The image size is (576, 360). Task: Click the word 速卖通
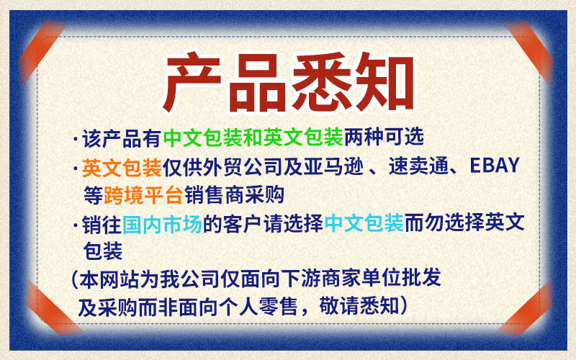tap(425, 167)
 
